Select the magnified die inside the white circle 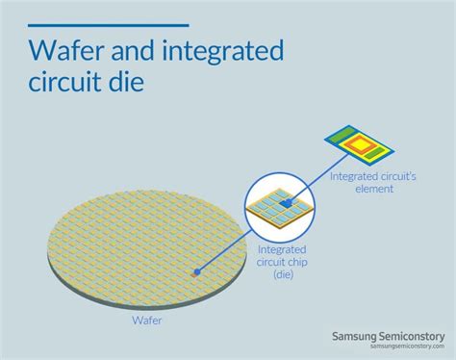[x=280, y=205]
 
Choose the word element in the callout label [x=373, y=189]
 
